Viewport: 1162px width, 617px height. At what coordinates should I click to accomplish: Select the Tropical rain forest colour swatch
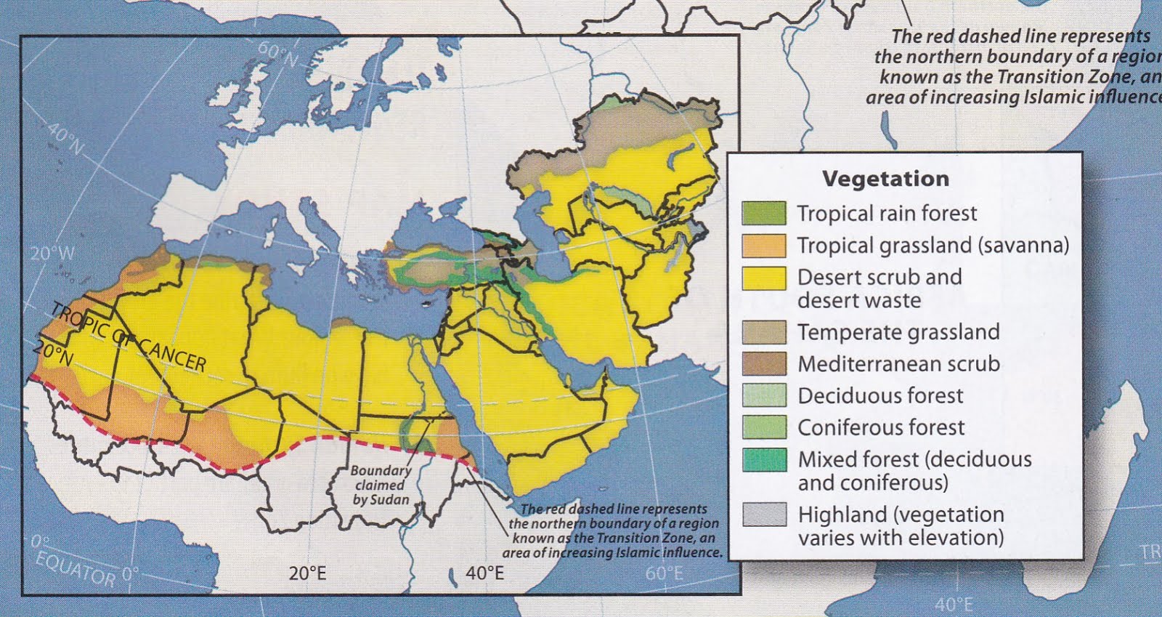pyautogui.click(x=763, y=213)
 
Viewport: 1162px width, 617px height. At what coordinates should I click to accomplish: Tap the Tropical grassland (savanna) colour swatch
pyautogui.click(x=763, y=246)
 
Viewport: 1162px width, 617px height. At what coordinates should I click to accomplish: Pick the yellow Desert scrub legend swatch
pyautogui.click(x=763, y=278)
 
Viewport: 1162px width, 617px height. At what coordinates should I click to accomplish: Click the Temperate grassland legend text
pyautogui.click(x=898, y=332)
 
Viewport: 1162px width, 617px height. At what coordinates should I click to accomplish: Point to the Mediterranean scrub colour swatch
pyautogui.click(x=763, y=364)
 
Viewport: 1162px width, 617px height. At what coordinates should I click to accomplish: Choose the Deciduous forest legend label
pyautogui.click(x=880, y=396)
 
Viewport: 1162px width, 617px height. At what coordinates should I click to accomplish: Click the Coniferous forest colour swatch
pyautogui.click(x=763, y=427)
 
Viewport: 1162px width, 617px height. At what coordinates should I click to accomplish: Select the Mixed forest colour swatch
pyautogui.click(x=763, y=460)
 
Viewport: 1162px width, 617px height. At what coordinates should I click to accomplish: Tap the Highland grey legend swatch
pyautogui.click(x=763, y=515)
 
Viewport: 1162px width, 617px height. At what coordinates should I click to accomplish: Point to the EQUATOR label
pyautogui.click(x=76, y=568)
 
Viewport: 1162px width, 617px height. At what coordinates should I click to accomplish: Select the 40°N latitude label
pyautogui.click(x=65, y=139)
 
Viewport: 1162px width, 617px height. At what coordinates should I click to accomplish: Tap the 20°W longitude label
pyautogui.click(x=52, y=254)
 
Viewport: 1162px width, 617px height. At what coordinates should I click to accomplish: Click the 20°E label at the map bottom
pyautogui.click(x=307, y=573)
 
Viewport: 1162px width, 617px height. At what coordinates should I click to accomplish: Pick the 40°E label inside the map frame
pyautogui.click(x=484, y=573)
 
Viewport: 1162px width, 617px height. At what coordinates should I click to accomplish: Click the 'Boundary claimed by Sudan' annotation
pyautogui.click(x=381, y=485)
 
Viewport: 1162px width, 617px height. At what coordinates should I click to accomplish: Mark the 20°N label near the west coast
pyautogui.click(x=53, y=354)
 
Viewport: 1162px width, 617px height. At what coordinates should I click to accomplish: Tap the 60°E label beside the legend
pyautogui.click(x=664, y=573)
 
